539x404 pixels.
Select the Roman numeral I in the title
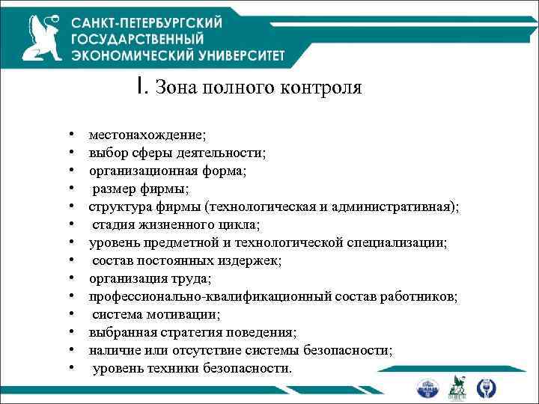pos(141,87)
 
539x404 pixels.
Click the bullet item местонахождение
pos(147,135)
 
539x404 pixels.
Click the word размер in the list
pos(114,189)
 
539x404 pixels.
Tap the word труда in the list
pos(190,278)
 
